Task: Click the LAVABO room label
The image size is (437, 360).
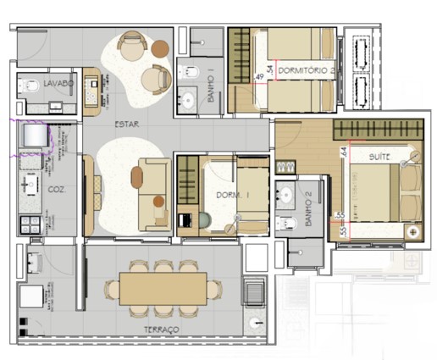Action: click(57, 84)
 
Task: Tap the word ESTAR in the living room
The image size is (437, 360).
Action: click(128, 125)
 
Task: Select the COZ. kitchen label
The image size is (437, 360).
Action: click(56, 189)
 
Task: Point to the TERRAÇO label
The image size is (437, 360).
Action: click(161, 329)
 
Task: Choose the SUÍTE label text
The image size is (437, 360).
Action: click(379, 158)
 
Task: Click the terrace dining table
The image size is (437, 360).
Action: click(163, 289)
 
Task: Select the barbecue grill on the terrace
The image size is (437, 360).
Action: click(254, 293)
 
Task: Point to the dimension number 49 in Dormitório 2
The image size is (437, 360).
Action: click(258, 77)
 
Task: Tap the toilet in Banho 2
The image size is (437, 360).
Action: click(285, 222)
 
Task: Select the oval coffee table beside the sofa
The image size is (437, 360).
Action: click(137, 177)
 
